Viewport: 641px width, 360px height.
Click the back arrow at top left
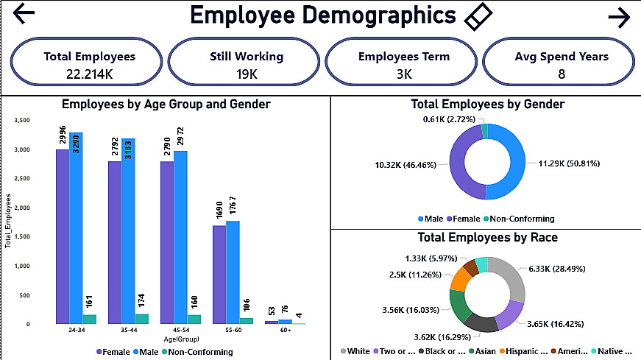pos(24,14)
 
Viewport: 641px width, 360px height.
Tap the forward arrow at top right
pos(619,18)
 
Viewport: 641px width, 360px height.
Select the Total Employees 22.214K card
pos(89,64)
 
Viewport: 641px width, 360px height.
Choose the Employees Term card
pos(403,64)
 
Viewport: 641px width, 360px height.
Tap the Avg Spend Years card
pos(561,64)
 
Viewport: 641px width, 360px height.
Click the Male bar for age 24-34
pos(76,228)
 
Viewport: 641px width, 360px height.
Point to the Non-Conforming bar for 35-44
pos(141,319)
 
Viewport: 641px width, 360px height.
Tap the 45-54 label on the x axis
pos(180,331)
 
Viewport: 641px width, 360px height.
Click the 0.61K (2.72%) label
pos(454,119)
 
